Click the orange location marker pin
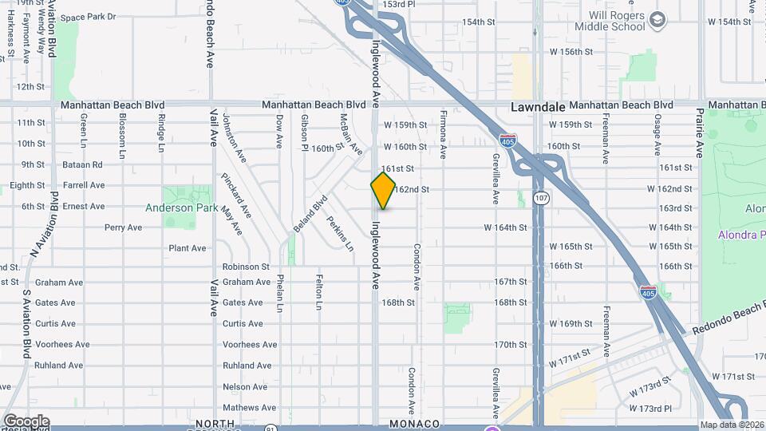tap(383, 191)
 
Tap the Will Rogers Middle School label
tap(606, 20)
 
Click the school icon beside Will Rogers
tap(657, 20)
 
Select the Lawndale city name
tap(538, 106)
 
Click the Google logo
tap(26, 421)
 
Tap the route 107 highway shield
tap(541, 196)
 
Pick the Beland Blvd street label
tap(310, 215)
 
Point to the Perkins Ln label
tap(340, 233)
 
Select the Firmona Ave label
tap(444, 131)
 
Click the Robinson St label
tap(246, 267)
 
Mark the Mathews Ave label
tap(249, 408)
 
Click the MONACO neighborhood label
tap(415, 423)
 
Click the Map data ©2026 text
tap(731, 425)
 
